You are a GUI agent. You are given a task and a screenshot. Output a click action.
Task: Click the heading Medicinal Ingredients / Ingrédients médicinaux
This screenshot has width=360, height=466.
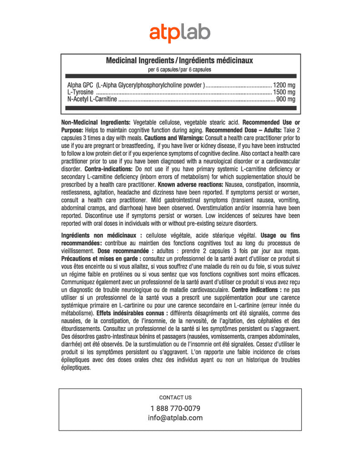tap(180, 61)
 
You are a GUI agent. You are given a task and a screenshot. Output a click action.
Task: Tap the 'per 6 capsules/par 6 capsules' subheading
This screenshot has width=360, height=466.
tap(180, 70)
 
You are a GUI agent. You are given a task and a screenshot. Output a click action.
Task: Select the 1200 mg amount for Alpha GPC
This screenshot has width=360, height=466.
tap(284, 85)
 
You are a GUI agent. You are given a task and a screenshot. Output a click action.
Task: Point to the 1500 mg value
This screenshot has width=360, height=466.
tap(284, 92)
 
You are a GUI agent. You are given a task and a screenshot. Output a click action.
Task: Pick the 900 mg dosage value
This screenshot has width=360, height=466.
tap(286, 99)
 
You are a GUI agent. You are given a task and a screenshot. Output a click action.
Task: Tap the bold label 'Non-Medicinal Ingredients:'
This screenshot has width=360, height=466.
tap(96, 122)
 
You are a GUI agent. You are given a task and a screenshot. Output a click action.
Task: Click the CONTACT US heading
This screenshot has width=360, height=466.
tap(175, 397)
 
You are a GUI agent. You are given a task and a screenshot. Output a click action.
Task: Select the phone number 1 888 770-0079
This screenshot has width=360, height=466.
tap(175, 408)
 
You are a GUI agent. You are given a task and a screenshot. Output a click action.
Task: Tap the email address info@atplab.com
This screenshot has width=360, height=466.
tap(175, 418)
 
